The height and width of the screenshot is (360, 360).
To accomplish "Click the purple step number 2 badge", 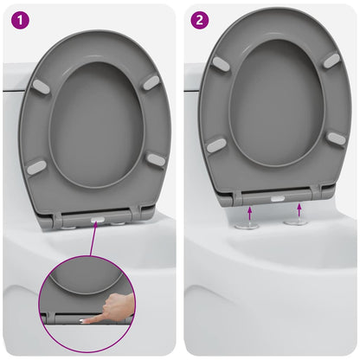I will (x=199, y=18).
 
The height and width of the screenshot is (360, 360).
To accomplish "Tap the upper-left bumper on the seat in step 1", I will (x=40, y=86).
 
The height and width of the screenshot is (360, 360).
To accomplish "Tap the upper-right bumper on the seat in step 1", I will (x=151, y=81).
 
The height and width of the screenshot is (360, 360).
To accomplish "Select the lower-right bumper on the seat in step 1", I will (x=156, y=159).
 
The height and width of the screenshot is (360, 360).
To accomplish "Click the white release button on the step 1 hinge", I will (x=97, y=222).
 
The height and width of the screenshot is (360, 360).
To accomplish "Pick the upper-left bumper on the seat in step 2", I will (x=222, y=64).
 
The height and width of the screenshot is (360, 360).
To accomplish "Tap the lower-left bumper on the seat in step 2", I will (x=216, y=145).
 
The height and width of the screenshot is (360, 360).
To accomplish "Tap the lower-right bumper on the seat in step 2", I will (x=337, y=138).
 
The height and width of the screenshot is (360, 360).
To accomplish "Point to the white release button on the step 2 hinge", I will (x=276, y=198).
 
